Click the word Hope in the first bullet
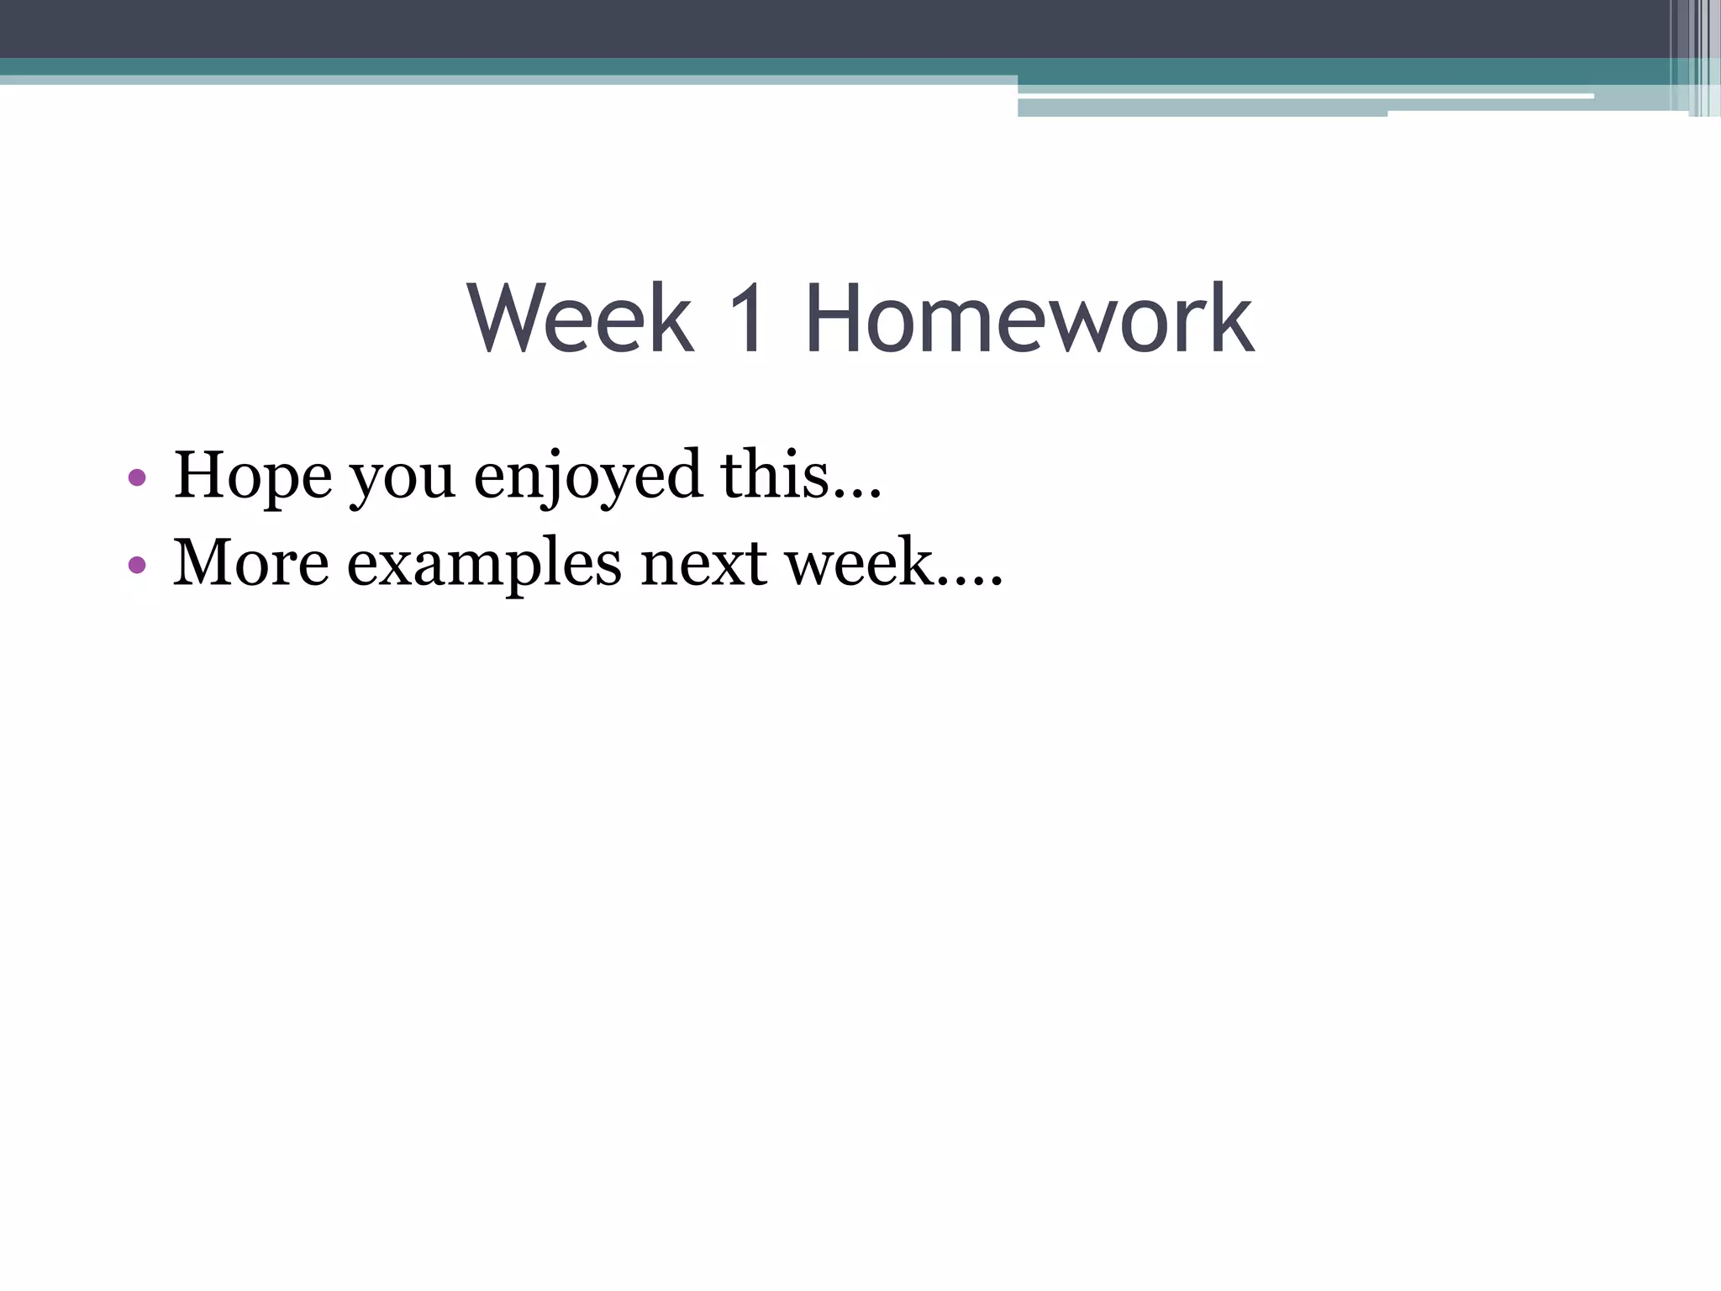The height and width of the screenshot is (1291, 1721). pos(252,477)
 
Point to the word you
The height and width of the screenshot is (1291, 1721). pos(402,479)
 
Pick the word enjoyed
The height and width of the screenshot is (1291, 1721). pos(587,477)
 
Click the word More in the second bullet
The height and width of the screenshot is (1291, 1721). pos(250,562)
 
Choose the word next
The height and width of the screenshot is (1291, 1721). pos(703,563)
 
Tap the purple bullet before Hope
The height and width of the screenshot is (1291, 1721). pos(137,478)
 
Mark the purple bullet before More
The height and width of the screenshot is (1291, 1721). pos(137,564)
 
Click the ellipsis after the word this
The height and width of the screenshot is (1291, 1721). pos(856,495)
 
